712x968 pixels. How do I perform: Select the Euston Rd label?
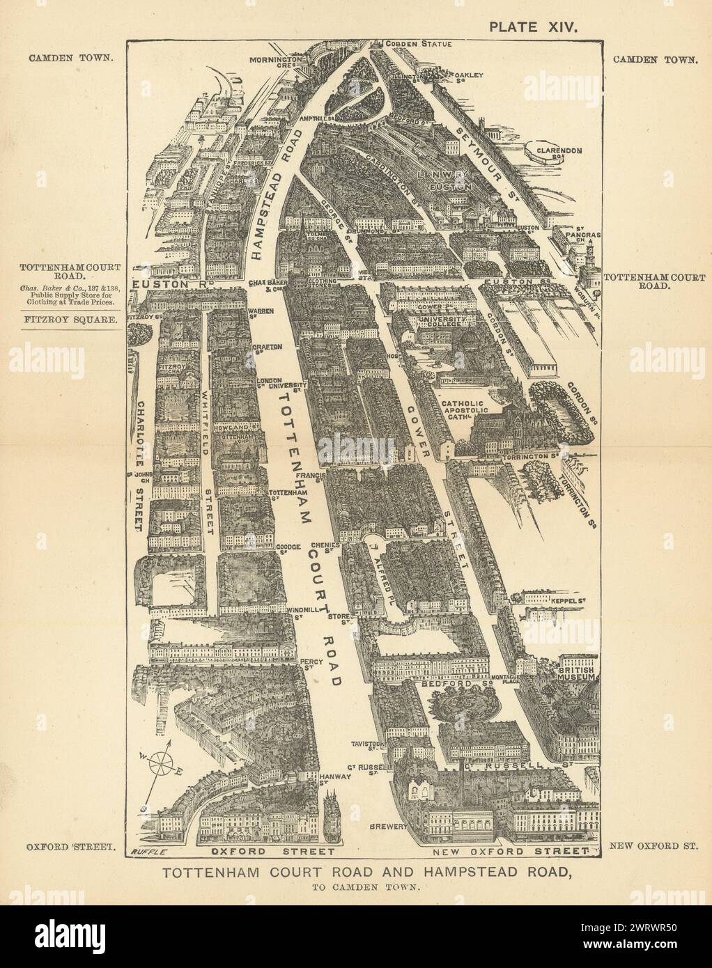160,284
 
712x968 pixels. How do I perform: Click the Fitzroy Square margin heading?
69,320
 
